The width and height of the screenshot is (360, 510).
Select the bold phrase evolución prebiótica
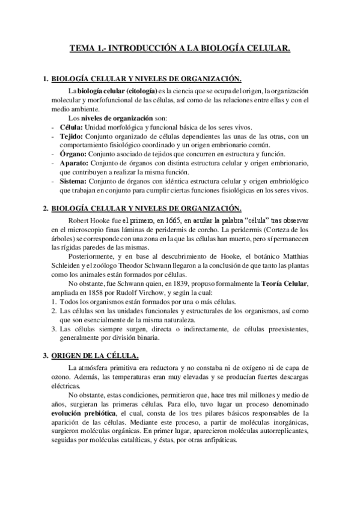[x=87, y=414]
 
